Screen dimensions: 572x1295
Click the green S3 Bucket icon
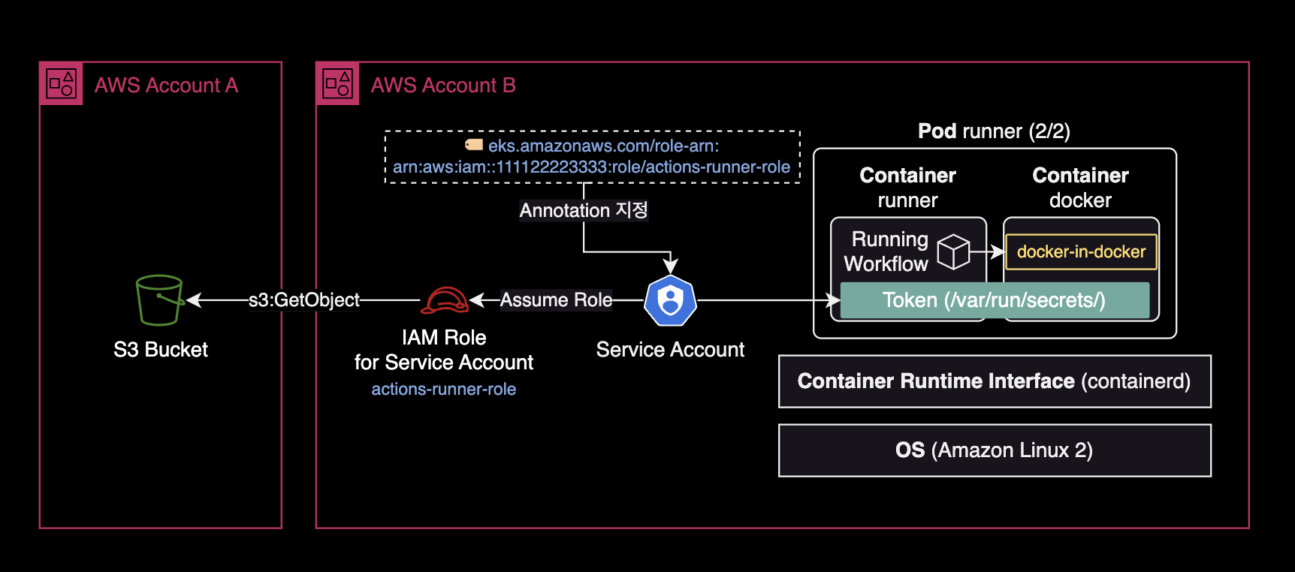coord(159,300)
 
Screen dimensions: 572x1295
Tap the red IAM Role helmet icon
coord(444,300)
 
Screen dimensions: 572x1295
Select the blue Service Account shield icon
coord(670,300)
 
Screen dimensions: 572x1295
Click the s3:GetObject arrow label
coord(304,300)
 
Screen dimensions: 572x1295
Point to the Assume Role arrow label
coord(556,300)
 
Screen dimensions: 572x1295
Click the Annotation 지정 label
coord(584,210)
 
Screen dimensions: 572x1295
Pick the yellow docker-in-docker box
coord(1081,251)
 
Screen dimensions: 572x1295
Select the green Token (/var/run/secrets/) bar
coord(994,300)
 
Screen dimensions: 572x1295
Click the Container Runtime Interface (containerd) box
coord(995,381)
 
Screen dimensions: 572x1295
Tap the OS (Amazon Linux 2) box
coord(995,450)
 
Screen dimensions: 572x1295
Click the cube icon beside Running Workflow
coord(953,251)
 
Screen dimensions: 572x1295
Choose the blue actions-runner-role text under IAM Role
coord(443,389)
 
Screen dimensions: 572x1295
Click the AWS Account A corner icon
coord(61,83)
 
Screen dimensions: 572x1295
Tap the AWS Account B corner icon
coord(337,83)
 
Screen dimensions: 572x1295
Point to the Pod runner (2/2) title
coord(994,131)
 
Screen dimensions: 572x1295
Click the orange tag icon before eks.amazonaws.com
coord(474,145)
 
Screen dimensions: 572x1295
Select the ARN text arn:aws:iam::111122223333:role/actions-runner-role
coord(591,167)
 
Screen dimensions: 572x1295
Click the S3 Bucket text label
coord(161,350)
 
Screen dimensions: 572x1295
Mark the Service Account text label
coord(670,350)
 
